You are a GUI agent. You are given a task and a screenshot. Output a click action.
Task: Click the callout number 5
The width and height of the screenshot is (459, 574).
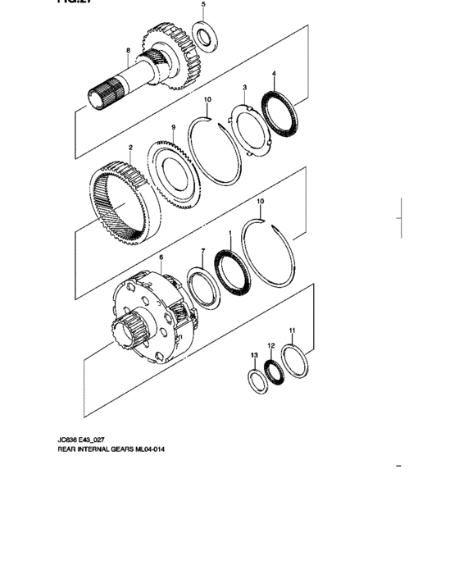(204, 5)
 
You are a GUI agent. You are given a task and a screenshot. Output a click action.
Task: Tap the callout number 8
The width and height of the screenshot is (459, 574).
(128, 52)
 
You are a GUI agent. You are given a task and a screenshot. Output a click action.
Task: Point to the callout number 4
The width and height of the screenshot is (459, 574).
(274, 75)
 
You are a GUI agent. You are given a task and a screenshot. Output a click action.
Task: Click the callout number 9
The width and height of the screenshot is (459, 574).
(173, 127)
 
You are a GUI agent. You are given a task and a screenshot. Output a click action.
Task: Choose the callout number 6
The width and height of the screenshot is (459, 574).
(161, 257)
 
